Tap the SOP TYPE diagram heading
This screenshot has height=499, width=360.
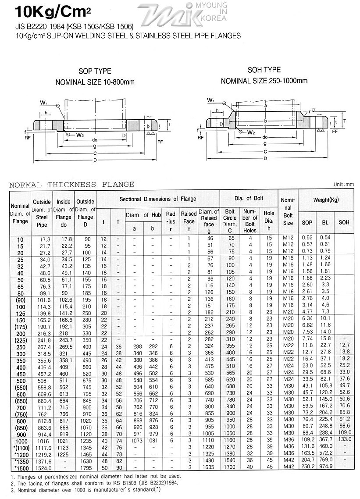pos(95,71)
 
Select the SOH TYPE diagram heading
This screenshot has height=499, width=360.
pos(264,70)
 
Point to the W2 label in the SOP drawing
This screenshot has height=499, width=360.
pos(79,135)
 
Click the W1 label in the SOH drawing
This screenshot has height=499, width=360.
pos(211,100)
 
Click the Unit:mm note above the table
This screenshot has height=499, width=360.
pos(343,185)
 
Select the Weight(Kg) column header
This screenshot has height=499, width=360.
pos(325,200)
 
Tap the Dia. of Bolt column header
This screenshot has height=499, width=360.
pos(249,199)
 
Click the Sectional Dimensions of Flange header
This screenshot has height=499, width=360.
pos(158,199)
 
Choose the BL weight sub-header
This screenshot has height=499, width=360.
pos(325,222)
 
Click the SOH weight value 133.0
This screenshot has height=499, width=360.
pos(345,439)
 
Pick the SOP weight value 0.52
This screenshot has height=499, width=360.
pos(307,238)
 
